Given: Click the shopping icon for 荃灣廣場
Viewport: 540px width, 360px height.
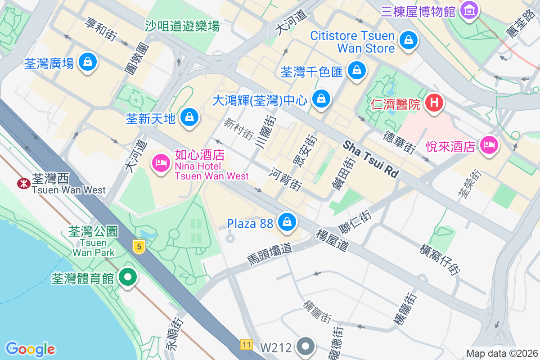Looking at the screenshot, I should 88,62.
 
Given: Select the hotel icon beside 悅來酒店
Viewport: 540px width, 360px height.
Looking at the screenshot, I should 488,145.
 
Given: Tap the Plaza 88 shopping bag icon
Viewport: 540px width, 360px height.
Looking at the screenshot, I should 287,221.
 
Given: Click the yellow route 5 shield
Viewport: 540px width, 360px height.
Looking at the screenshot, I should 139,246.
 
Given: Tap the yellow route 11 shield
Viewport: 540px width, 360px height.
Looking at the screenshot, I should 246,344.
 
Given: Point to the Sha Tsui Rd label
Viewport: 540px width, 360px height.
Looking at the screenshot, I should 371,159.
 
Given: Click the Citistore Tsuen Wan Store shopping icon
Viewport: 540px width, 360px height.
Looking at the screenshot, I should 409,40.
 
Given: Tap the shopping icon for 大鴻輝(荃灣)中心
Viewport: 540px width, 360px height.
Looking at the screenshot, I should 321,98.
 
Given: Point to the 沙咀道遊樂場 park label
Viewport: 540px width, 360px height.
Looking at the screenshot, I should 182,26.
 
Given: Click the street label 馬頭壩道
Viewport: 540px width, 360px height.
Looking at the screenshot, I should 270,254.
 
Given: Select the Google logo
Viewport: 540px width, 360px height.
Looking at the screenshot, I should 31,349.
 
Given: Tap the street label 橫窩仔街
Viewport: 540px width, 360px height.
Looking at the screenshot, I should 440,260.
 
